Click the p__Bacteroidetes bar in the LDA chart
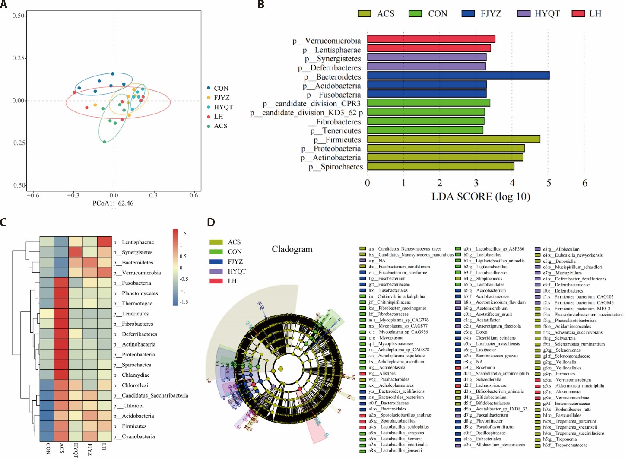point(458,76)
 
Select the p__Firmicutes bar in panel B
point(454,139)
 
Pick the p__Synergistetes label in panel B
point(333,59)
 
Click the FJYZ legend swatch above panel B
point(468,14)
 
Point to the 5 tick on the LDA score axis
point(549,183)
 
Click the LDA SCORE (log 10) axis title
point(481,197)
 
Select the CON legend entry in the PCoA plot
point(221,88)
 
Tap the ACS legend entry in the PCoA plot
point(220,126)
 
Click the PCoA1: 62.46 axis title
point(113,203)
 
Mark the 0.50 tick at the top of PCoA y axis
point(19,16)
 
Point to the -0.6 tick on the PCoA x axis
point(33,195)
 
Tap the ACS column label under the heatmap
point(62,448)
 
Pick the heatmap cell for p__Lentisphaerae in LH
point(104,242)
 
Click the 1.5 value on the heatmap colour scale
point(183,234)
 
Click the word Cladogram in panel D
point(292,249)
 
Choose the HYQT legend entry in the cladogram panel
point(237,271)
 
